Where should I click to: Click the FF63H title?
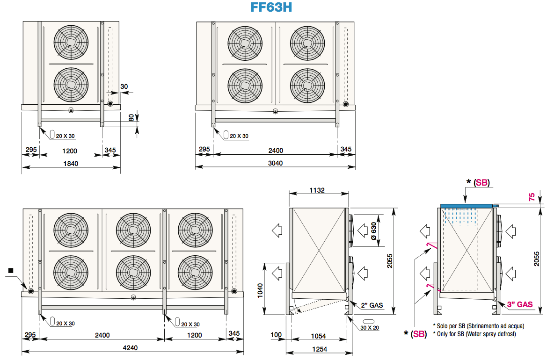pyautogui.click(x=271, y=7)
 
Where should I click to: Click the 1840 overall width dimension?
pyautogui.click(x=71, y=164)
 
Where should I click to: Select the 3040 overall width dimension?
pyautogui.click(x=275, y=163)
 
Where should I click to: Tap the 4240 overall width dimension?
pyautogui.click(x=130, y=348)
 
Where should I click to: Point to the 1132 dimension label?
pyautogui.click(x=317, y=190)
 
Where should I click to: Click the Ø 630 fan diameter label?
pyautogui.click(x=373, y=231)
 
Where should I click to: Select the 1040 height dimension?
pyautogui.click(x=260, y=290)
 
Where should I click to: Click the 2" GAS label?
pyautogui.click(x=372, y=305)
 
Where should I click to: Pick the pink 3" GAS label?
pyautogui.click(x=520, y=304)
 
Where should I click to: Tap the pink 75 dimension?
pyautogui.click(x=532, y=197)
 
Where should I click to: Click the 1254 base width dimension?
pyautogui.click(x=320, y=349)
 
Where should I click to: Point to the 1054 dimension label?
pyautogui.click(x=318, y=336)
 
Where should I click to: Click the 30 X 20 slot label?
pyautogui.click(x=370, y=328)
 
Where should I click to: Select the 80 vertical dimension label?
pyautogui.click(x=131, y=118)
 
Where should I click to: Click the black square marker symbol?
pyautogui.click(x=10, y=270)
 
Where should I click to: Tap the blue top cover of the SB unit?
pyautogui.click(x=467, y=206)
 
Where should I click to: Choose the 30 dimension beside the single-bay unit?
pyautogui.click(x=124, y=86)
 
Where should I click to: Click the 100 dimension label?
pyautogui.click(x=276, y=335)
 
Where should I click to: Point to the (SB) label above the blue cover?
pyautogui.click(x=482, y=183)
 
